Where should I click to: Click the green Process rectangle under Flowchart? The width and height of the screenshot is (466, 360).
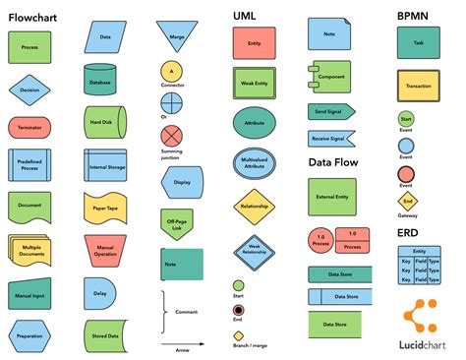[x=29, y=46]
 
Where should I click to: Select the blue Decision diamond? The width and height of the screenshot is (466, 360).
[x=29, y=90]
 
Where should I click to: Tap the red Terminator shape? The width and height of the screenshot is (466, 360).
[x=29, y=128]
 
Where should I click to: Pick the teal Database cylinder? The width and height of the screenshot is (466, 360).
[x=99, y=80]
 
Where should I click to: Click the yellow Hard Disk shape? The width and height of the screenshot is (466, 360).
[x=101, y=121]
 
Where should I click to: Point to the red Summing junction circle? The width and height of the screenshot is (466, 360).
[x=172, y=136]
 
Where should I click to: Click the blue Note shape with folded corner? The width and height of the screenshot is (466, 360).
[x=327, y=34]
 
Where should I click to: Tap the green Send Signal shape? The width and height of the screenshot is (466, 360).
[x=329, y=111]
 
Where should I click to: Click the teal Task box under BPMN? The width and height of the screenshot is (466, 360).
[x=419, y=43]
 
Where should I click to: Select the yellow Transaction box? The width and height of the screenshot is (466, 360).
[x=419, y=87]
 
